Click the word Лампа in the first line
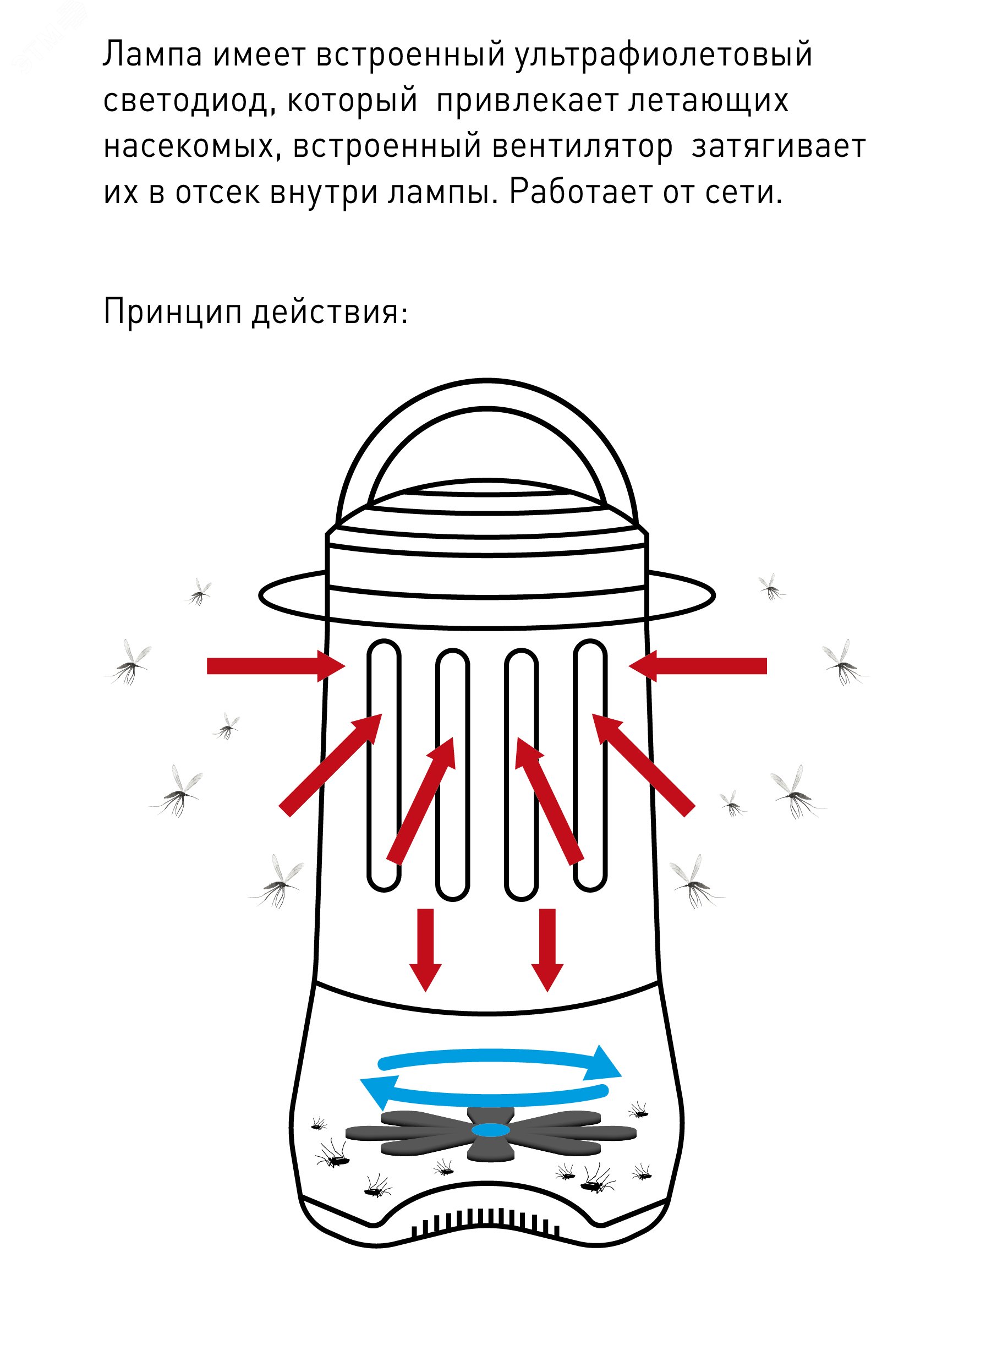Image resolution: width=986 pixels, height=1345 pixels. [x=152, y=55]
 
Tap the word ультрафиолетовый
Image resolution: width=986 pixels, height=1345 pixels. [x=663, y=55]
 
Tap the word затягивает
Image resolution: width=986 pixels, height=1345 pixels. [x=779, y=147]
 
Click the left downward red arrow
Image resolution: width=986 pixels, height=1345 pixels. [x=425, y=949]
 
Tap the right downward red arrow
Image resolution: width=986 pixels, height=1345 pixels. [x=547, y=949]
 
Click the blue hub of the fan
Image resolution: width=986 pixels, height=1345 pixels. [x=491, y=1130]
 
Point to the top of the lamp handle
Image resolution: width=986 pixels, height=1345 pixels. [x=487, y=395]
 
